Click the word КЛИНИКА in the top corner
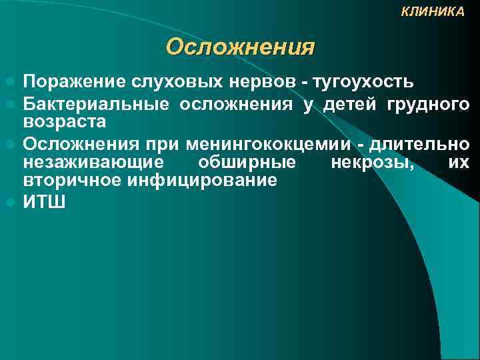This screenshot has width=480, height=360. pos(433,12)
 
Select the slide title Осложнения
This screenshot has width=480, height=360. pos(240,47)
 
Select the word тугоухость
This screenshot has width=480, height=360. pos(358,82)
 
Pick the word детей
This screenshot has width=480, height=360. pos(349,105)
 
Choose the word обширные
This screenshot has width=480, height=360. pos(247,163)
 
